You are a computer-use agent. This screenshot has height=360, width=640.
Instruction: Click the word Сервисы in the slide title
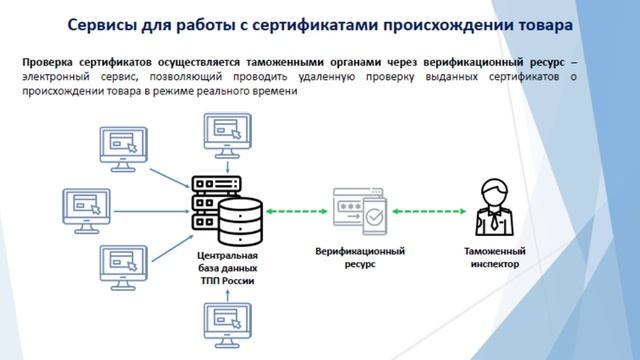pyautogui.click(x=102, y=23)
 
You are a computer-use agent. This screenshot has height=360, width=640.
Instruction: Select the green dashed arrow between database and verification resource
pyautogui.click(x=297, y=210)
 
